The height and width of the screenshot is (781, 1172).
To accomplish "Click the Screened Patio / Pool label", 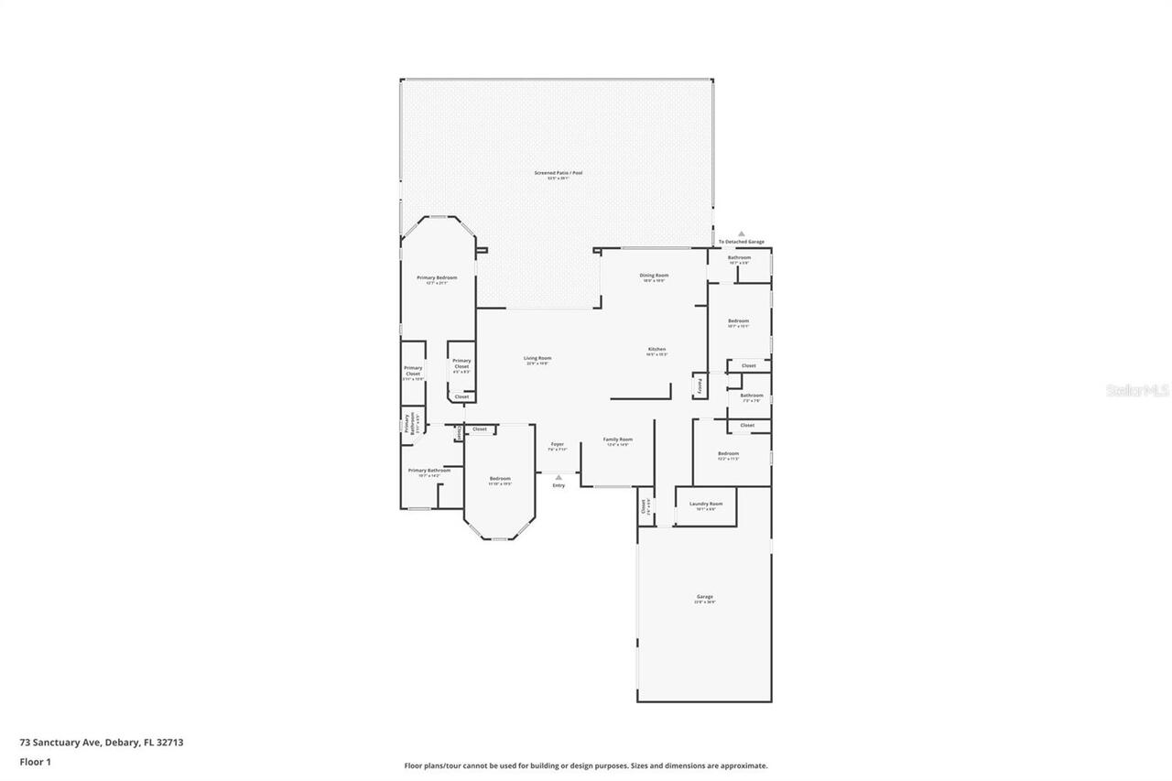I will (559, 173).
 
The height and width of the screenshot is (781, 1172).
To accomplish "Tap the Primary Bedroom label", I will (437, 278).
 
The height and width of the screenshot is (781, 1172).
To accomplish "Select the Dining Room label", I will (654, 276).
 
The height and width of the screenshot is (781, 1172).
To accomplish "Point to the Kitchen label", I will (657, 350).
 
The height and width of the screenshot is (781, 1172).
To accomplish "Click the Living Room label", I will (537, 359).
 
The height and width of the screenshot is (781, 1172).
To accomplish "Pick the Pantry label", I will (700, 386).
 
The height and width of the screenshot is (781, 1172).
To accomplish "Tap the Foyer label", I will (557, 445).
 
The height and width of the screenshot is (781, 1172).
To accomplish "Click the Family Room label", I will (618, 440).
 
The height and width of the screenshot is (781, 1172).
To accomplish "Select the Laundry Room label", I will (706, 504).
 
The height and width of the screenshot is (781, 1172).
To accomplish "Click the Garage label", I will (704, 598).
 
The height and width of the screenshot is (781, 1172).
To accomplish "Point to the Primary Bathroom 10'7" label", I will (429, 472).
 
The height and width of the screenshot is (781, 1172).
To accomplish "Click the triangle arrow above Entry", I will (559, 477).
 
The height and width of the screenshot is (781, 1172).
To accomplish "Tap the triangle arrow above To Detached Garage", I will (742, 234).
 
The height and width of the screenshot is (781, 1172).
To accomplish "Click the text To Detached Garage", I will (742, 242).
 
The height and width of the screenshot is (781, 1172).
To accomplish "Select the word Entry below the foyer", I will (559, 485).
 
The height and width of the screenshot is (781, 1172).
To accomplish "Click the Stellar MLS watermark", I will (1137, 390).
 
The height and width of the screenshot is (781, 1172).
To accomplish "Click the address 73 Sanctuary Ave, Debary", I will (101, 743).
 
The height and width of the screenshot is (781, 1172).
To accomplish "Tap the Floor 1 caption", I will (35, 761).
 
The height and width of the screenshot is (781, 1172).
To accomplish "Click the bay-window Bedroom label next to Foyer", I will (500, 480).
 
